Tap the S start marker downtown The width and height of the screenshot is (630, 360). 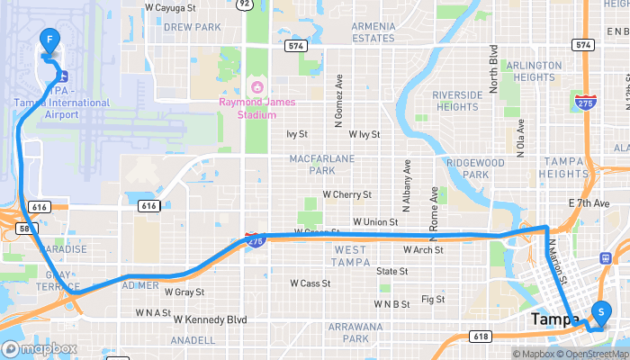pyautogui.click(x=600, y=312)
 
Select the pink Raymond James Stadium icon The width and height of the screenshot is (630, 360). pyautogui.click(x=256, y=87)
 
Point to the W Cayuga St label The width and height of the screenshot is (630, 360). pyautogui.click(x=170, y=7)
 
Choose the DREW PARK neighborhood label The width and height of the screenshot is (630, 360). pyautogui.click(x=193, y=28)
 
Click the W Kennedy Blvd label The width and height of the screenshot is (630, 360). pyautogui.click(x=210, y=319)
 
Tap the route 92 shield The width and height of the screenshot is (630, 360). pyautogui.click(x=244, y=4)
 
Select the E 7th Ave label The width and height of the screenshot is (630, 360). pyautogui.click(x=589, y=203)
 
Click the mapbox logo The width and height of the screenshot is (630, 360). pyautogui.click(x=40, y=348)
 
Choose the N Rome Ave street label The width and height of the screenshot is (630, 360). pyautogui.click(x=435, y=207)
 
